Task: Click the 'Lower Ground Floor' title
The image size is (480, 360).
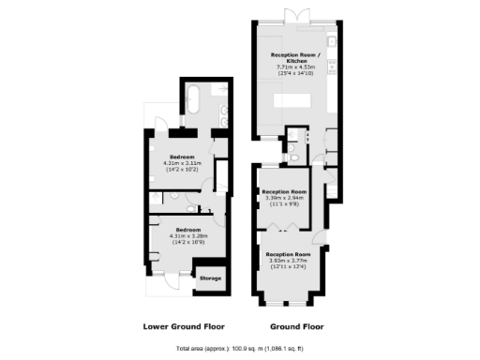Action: coord(183,326)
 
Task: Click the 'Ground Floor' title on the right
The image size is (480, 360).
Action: coord(298,326)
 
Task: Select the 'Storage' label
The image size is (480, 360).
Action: coord(210,277)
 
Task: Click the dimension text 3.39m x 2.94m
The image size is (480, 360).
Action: coord(287,198)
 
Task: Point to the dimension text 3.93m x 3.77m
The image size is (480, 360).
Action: coord(288,262)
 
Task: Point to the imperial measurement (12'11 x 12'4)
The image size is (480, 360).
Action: coord(288,268)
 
